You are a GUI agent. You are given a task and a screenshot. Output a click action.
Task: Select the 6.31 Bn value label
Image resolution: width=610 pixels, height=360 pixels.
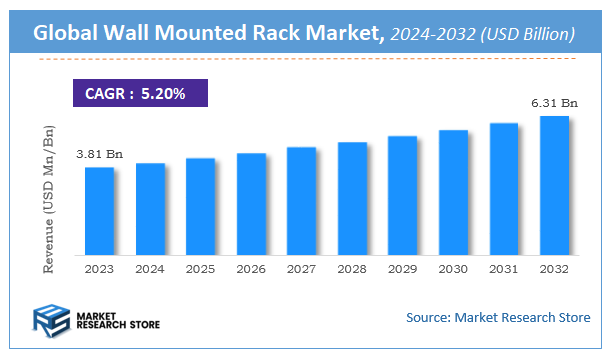click(554, 102)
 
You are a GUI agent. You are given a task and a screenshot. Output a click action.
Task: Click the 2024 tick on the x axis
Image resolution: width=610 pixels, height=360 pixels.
click(150, 269)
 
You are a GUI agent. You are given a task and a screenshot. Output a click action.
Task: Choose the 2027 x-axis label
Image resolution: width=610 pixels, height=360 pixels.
click(301, 269)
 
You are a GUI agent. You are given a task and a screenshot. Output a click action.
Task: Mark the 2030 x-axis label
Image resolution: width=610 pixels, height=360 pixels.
click(453, 269)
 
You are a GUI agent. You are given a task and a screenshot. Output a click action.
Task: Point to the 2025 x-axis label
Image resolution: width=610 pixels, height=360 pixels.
click(200, 269)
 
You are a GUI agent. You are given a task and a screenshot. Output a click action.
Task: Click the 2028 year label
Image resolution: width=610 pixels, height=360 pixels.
click(352, 269)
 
